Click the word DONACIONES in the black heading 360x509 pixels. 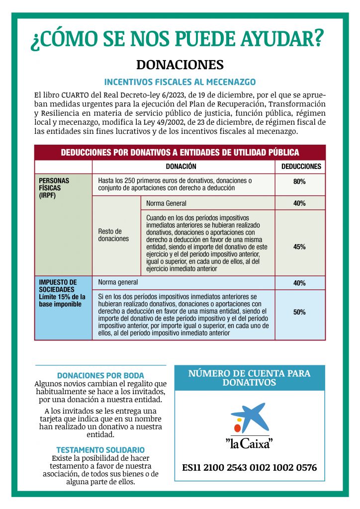point(180,65)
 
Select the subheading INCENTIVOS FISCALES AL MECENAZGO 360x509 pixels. point(180,82)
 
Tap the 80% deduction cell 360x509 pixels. point(300,182)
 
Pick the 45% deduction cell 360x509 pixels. point(300,247)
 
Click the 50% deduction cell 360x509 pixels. point(300,312)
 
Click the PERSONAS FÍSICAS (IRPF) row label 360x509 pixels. point(55,188)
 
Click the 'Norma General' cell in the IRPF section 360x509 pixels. point(167,203)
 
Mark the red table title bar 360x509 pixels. point(180,153)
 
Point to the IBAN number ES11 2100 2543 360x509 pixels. point(249,468)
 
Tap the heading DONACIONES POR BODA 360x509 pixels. point(100,375)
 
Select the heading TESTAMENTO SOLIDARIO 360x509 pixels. point(100,449)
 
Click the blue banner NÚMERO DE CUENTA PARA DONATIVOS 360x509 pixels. point(249,378)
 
